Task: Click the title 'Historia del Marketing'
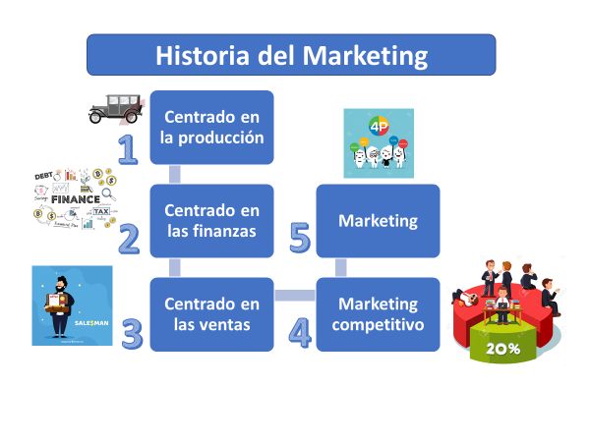pyautogui.click(x=291, y=55)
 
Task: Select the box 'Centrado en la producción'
pyautogui.click(x=212, y=127)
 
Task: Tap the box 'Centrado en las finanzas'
pyautogui.click(x=212, y=221)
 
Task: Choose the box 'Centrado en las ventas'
pyautogui.click(x=212, y=314)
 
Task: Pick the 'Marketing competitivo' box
pyautogui.click(x=379, y=314)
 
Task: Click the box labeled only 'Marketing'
pyautogui.click(x=379, y=221)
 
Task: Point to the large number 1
pyautogui.click(x=127, y=147)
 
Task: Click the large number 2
pyautogui.click(x=129, y=239)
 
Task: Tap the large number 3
pyautogui.click(x=132, y=333)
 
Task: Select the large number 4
pyautogui.click(x=300, y=333)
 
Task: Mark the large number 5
pyautogui.click(x=300, y=239)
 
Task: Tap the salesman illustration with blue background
pyautogui.click(x=72, y=304)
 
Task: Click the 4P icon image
pyautogui.click(x=379, y=142)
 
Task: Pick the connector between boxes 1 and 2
pyautogui.click(x=175, y=174)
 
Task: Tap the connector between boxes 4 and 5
pyautogui.click(x=341, y=267)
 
